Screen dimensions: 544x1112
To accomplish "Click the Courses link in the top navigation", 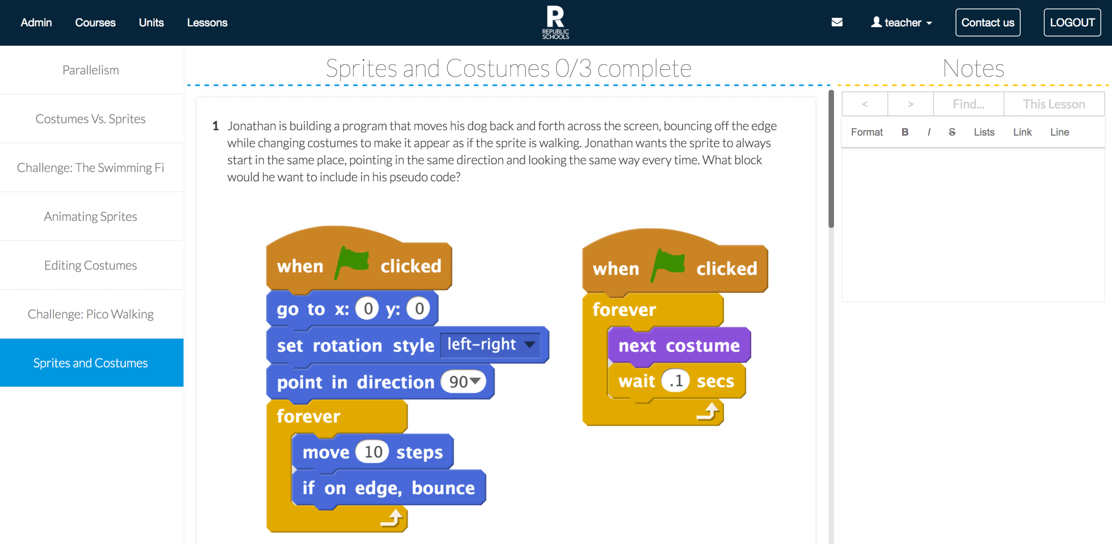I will [95, 23].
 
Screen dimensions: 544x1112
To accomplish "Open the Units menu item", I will [151, 23].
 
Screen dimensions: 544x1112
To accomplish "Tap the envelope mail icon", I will [837, 22].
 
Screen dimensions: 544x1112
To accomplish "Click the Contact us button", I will [987, 23].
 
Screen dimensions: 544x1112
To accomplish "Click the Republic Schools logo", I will [555, 22].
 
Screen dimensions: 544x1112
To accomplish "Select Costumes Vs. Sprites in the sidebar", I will [91, 119].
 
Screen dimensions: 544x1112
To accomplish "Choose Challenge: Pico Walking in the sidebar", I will [91, 314].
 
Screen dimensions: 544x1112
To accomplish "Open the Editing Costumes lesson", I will [91, 265].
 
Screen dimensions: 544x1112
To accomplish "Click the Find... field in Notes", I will [968, 104].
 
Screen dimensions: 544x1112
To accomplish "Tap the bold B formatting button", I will [905, 132].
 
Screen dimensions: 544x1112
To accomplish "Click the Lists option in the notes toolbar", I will [984, 132].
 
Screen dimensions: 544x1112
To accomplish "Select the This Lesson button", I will [1054, 104].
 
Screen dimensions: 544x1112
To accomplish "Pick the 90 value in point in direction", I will [463, 382].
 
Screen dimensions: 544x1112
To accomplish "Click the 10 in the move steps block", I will [373, 452].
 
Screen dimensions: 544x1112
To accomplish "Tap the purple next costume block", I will [679, 346].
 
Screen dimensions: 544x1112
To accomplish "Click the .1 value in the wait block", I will [675, 381].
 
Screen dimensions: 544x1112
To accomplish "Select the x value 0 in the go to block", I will [367, 309].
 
